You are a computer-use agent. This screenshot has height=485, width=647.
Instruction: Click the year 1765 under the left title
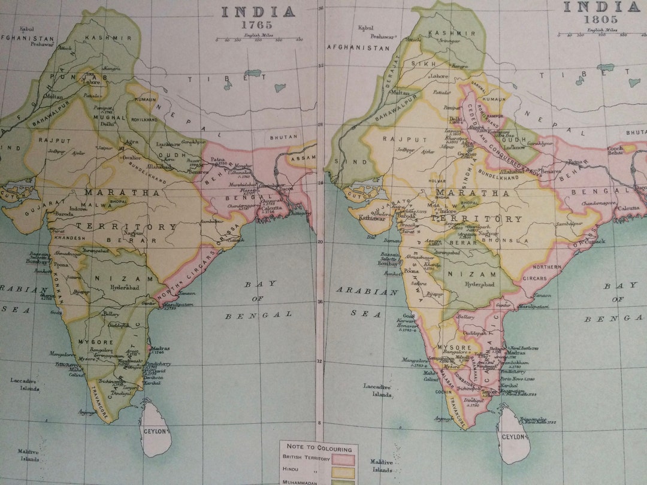(257, 25)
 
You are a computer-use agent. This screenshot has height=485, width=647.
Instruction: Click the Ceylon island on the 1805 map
(513, 434)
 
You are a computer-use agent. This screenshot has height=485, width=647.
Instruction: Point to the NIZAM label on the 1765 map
(120, 278)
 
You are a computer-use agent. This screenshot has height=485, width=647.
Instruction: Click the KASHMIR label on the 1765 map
(108, 38)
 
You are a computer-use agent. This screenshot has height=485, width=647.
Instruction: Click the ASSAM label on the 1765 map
(303, 159)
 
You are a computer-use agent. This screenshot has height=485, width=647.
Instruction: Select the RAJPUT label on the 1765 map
(55, 140)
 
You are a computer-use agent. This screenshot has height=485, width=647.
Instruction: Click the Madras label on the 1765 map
(161, 348)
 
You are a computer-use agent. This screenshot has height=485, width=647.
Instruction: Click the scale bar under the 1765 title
(258, 40)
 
